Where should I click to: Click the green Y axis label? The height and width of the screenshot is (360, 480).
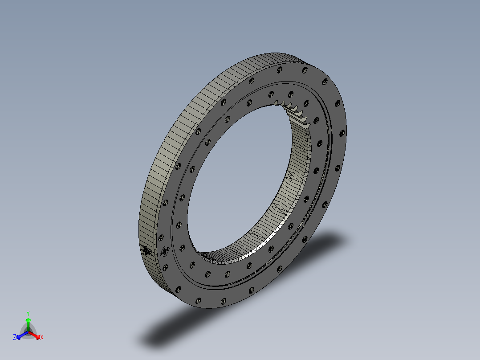pos(28,313)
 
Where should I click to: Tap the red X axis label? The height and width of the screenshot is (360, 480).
pos(42,338)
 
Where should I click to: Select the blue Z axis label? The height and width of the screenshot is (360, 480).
pos(15,338)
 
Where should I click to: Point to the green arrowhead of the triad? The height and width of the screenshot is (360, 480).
pos(28,320)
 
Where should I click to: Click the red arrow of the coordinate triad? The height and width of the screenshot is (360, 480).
pos(35,335)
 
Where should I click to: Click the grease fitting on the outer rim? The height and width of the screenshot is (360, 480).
pos(146,251)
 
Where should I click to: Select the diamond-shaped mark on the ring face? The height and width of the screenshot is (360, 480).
pos(165,252)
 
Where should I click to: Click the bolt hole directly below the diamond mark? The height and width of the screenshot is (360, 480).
pos(166,267)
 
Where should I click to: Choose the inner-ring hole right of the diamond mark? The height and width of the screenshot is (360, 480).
pos(182,248)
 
